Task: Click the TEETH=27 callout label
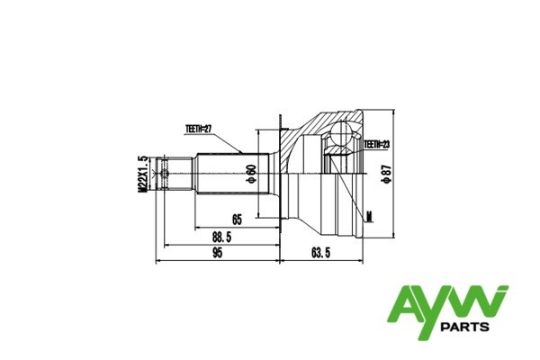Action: click(x=198, y=130)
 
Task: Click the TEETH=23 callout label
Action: click(x=375, y=144)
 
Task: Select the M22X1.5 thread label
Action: click(x=142, y=174)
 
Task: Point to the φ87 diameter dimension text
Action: click(x=384, y=173)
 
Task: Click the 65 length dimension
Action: click(x=238, y=219)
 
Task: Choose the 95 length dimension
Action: click(x=216, y=254)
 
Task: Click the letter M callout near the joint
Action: click(x=369, y=216)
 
